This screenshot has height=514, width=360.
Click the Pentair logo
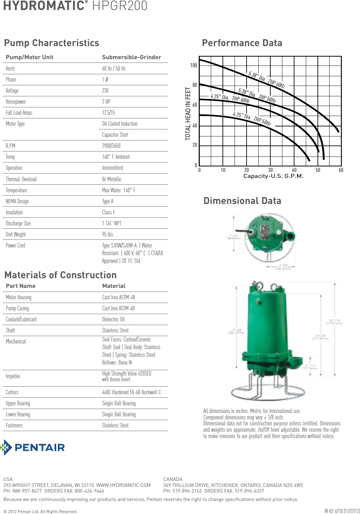(x=33, y=447)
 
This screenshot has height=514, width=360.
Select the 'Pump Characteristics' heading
(x=52, y=43)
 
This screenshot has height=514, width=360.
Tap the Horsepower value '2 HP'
(x=106, y=102)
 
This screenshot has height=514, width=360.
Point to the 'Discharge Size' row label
(x=18, y=223)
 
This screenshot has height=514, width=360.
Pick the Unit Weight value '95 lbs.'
(x=108, y=234)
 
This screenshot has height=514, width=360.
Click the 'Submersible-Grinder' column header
(x=131, y=57)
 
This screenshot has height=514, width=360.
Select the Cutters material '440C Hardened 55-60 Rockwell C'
(x=131, y=392)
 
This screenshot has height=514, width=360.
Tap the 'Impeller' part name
(x=13, y=376)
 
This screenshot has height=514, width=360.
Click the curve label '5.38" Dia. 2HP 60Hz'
(x=267, y=80)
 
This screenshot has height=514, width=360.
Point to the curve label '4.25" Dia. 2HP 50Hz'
(x=252, y=119)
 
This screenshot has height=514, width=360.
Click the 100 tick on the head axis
(x=193, y=65)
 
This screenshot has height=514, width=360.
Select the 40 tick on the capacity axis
(x=294, y=170)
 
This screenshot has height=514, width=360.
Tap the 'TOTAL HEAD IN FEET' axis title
(x=188, y=114)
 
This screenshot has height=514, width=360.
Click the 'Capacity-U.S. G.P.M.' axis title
(x=273, y=176)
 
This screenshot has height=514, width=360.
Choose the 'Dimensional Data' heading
(x=242, y=201)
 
